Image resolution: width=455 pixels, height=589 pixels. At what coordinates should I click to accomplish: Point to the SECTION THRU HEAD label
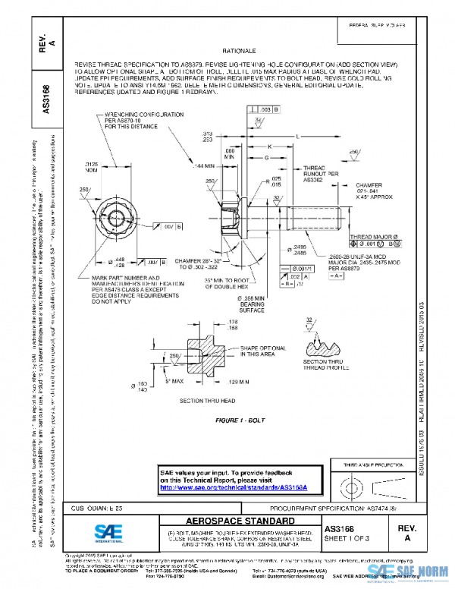coord(207,399)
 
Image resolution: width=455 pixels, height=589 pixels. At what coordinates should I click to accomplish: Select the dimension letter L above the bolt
coord(297,136)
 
